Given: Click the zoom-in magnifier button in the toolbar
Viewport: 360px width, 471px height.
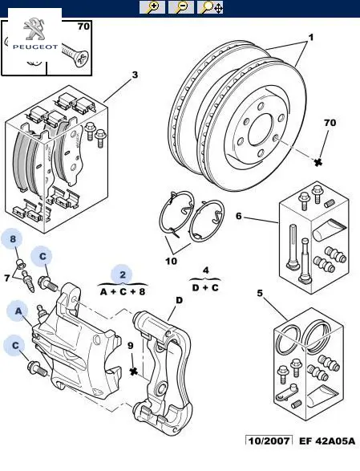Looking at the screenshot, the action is coord(152,7).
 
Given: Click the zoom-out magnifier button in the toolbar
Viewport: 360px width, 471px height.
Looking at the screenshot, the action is coord(181,7).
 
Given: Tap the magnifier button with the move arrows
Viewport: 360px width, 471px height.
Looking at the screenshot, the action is coord(210,7).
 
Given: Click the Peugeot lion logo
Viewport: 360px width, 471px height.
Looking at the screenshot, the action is coord(34,30).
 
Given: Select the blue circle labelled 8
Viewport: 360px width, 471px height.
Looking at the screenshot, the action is coord(13,239).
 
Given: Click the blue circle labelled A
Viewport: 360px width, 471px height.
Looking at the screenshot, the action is coord(18,311).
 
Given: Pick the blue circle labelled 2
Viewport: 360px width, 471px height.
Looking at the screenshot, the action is coord(122,275).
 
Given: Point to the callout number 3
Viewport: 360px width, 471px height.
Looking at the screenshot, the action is coord(135,75).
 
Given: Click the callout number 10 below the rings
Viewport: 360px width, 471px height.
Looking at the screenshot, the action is coord(171,261).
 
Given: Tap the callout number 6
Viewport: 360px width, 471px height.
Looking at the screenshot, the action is coord(239,216).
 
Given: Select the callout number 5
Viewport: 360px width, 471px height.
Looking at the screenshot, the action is coord(260,293).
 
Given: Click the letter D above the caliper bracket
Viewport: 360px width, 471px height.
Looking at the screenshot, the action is coord(179,300).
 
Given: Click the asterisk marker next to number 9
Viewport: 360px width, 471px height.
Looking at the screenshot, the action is coord(134,372).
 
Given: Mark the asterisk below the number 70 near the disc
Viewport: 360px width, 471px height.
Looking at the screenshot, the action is coord(318,162).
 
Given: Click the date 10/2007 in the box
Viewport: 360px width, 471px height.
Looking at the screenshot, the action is coord(269,441).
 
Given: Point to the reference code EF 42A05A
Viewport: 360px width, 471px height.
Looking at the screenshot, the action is coord(326,441).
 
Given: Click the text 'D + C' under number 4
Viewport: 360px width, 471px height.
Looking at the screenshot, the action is coord(205,288).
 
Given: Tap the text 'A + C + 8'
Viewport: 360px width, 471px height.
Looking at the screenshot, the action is coord(123,291).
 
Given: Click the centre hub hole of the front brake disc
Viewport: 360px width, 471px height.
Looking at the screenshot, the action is coord(260,130).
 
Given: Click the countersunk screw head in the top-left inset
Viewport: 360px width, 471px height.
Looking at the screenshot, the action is coord(81,59).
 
